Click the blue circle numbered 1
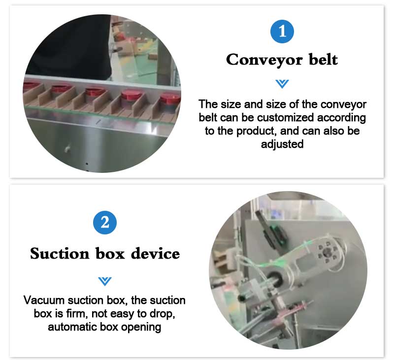tap(282, 32)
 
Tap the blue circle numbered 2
tap(105, 222)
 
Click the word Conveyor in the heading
tap(264, 60)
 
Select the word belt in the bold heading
tap(323, 59)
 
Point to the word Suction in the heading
tap(60, 253)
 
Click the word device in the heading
tap(155, 253)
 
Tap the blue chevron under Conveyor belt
tap(282, 84)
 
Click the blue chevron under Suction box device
tap(105, 281)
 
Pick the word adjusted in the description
tap(282, 144)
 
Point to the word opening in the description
tap(141, 327)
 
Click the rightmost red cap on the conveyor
tap(170, 98)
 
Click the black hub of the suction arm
tap(275, 279)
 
